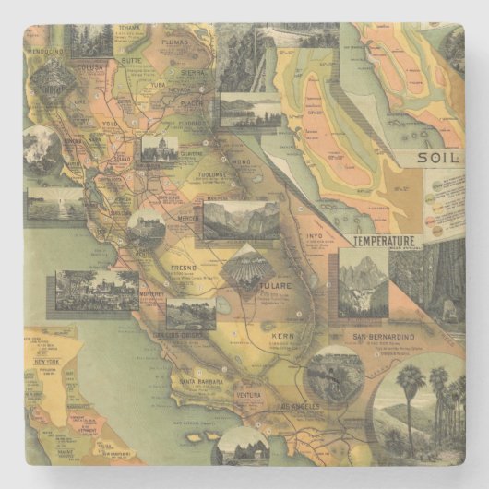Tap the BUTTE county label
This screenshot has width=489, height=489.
[132, 58]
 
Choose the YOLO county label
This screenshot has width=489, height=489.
[111, 123]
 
